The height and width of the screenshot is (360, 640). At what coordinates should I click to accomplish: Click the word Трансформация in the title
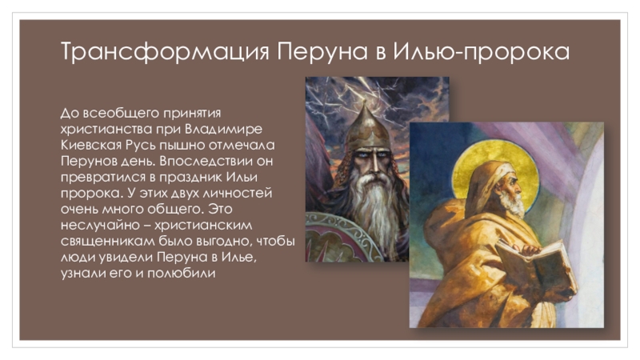point(166,52)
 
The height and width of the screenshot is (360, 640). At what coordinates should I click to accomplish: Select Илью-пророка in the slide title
point(482,52)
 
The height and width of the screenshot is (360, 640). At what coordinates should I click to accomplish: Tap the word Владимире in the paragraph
point(224,129)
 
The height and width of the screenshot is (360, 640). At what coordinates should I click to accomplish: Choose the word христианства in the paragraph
point(106,129)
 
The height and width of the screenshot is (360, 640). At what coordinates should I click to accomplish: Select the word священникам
point(108,242)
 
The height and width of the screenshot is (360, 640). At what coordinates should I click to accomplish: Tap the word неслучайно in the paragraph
point(98,225)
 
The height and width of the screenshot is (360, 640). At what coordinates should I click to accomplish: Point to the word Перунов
point(89,161)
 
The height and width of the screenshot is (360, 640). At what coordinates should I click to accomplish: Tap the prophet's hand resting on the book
point(530,249)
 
